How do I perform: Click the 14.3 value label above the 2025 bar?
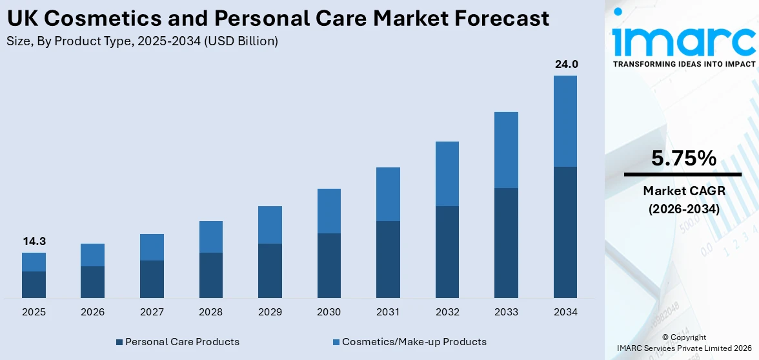[34, 241]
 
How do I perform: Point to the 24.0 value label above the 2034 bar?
[565, 64]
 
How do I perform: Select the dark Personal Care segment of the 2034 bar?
[565, 232]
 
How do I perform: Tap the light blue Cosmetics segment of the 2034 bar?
[565, 121]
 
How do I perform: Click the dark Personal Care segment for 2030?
[329, 265]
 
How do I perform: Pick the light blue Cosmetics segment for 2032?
[447, 174]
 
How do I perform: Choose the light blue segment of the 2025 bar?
[34, 262]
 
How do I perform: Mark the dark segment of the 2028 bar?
[210, 275]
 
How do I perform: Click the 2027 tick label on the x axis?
[152, 312]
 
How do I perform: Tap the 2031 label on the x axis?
[388, 312]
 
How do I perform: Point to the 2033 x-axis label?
[506, 312]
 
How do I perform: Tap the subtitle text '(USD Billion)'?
[243, 41]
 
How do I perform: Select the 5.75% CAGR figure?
[683, 158]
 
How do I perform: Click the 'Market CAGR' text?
[683, 191]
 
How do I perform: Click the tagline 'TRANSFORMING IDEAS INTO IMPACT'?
[683, 64]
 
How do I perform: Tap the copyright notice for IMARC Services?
[683, 343]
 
